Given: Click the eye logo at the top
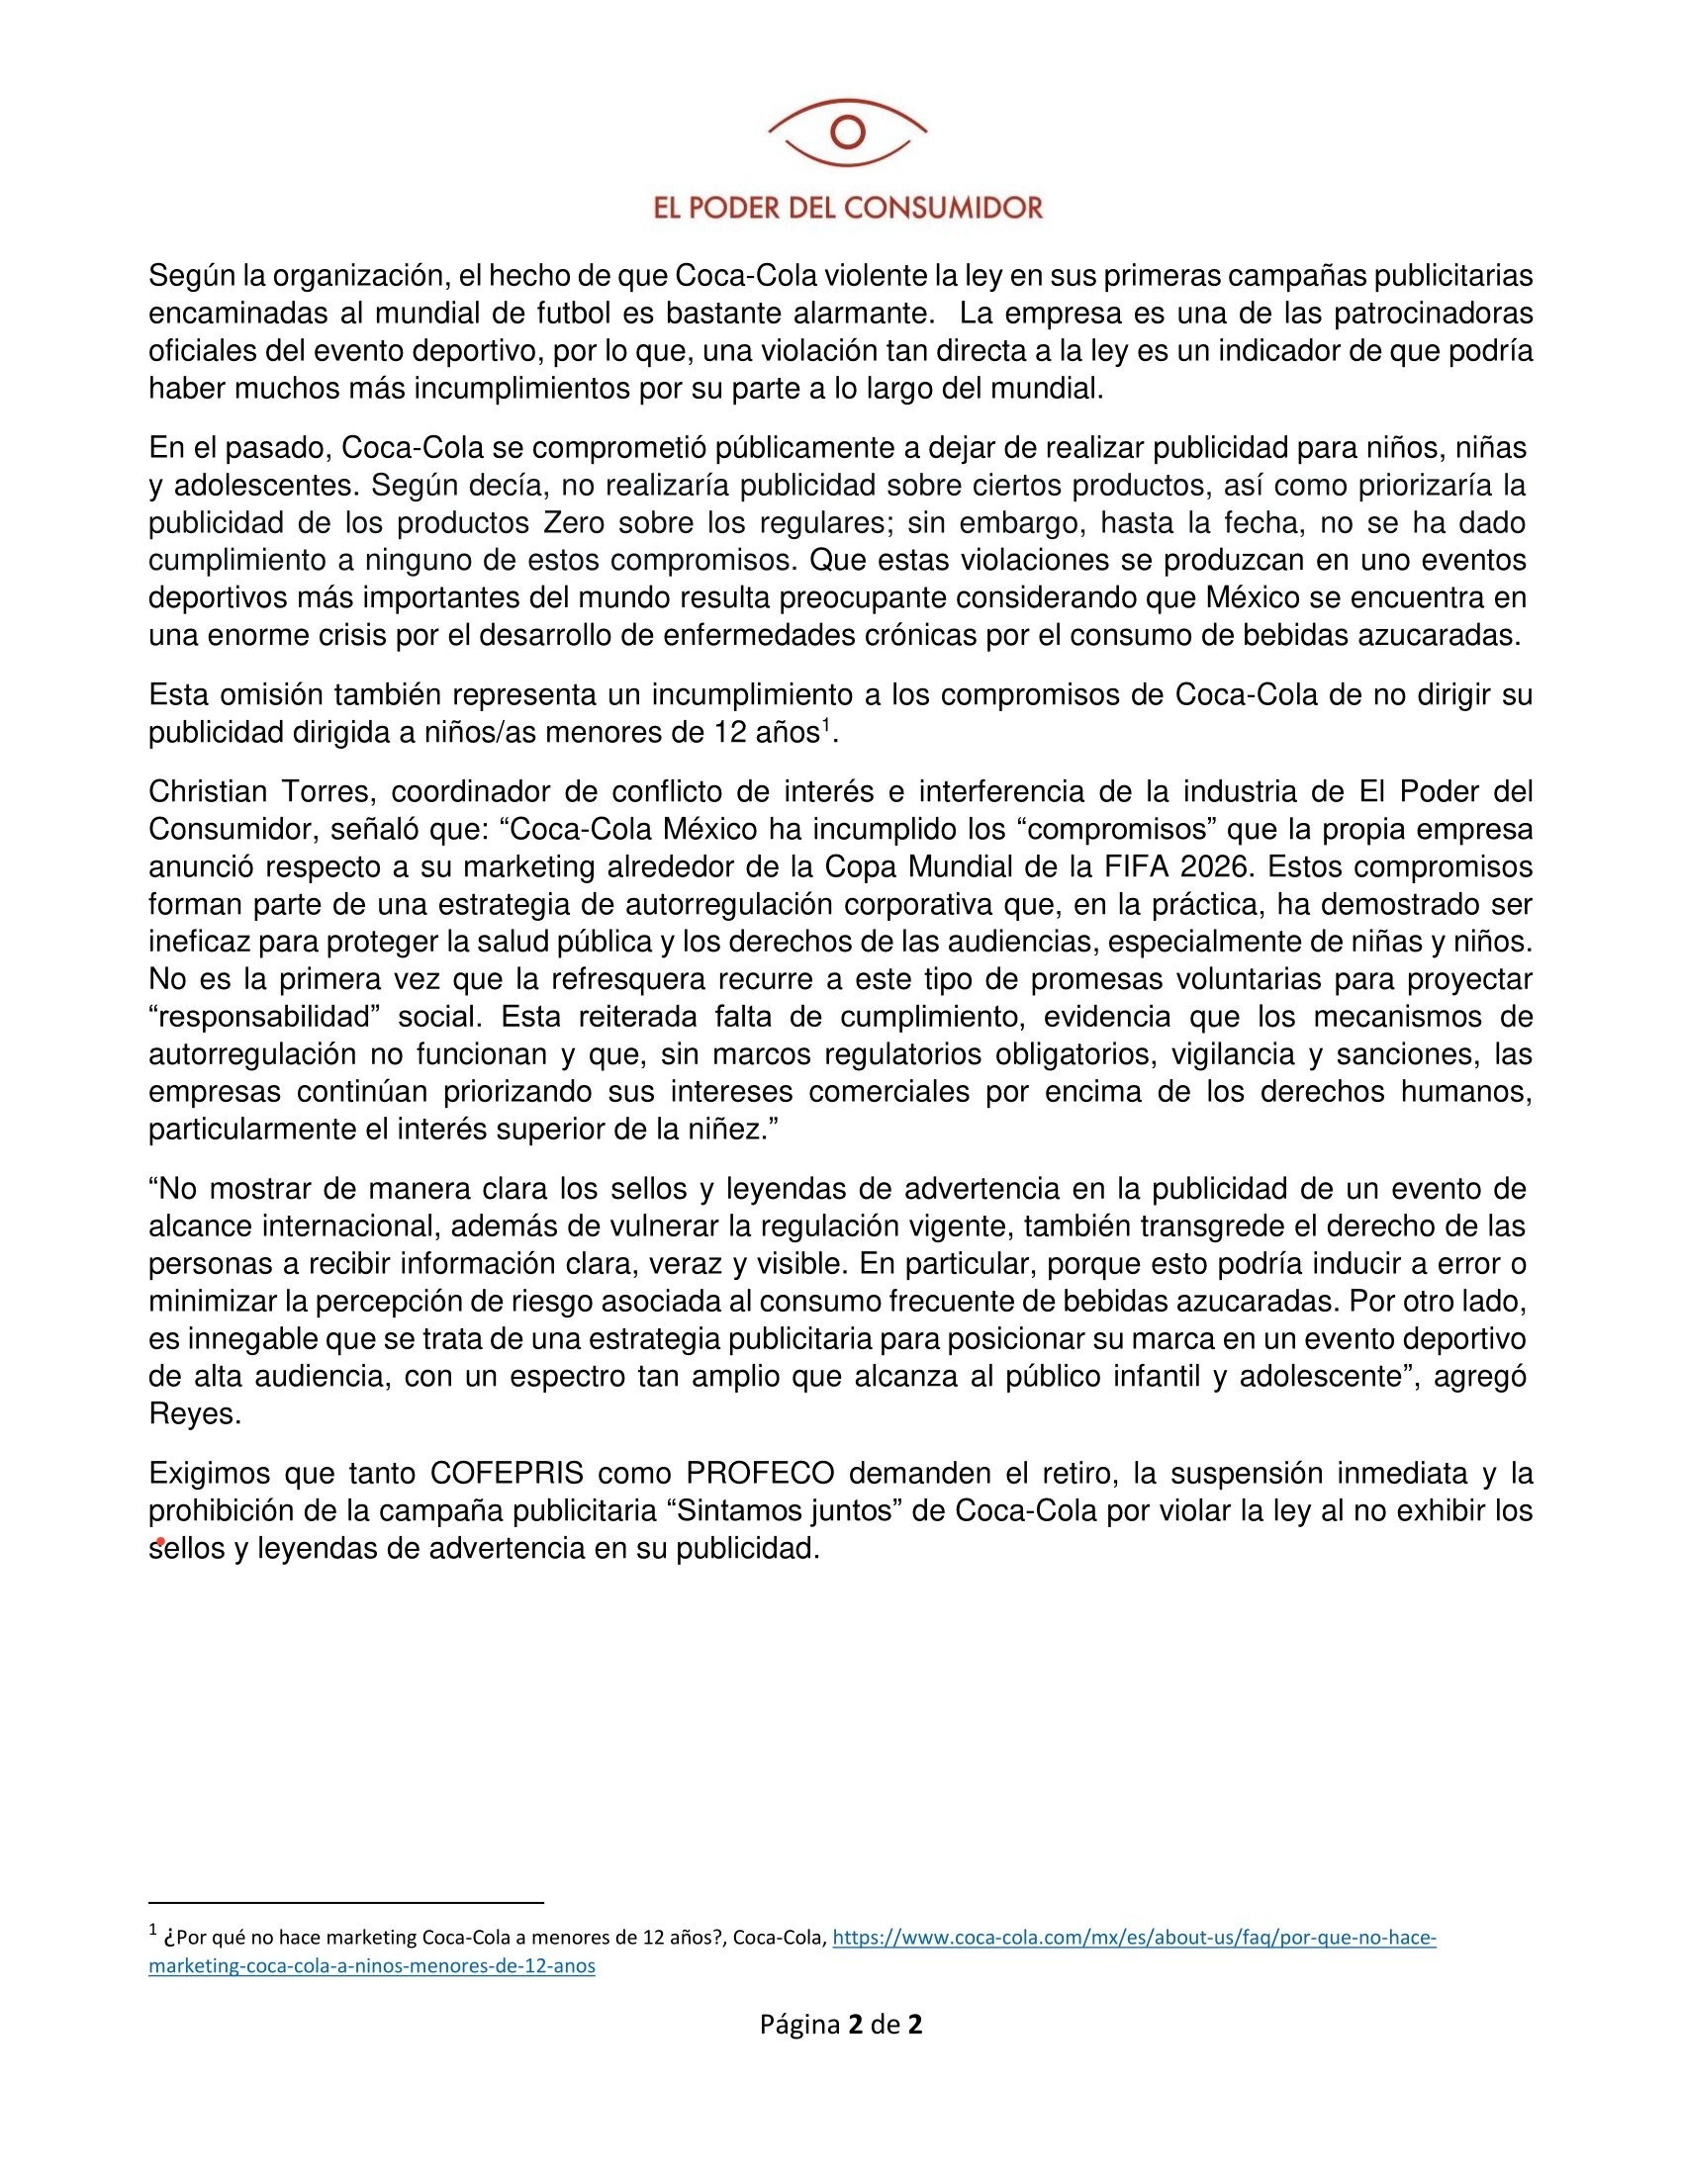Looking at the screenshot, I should (847, 133).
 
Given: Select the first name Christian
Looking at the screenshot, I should (208, 792).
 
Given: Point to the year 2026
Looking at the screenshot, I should (1214, 866).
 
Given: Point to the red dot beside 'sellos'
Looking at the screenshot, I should (160, 1541).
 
